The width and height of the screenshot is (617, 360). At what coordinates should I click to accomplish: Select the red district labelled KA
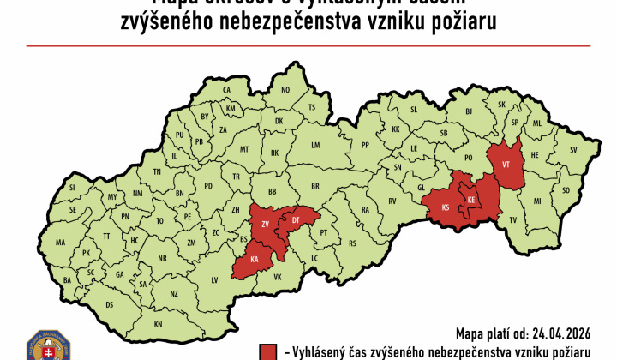(x=254, y=259)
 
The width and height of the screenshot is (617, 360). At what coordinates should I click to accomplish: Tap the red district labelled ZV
(x=266, y=224)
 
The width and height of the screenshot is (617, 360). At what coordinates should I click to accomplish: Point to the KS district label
(x=445, y=208)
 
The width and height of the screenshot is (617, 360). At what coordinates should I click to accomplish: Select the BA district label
(x=68, y=279)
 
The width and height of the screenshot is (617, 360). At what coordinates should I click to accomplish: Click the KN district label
(x=159, y=324)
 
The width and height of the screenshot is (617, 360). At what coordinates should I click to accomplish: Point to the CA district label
(x=227, y=90)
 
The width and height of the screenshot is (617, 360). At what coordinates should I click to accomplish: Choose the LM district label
(x=314, y=147)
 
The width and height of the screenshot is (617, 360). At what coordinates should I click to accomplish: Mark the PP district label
(x=365, y=145)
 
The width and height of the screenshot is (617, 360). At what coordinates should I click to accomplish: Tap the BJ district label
(x=469, y=111)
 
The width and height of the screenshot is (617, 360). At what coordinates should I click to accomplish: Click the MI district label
(x=537, y=201)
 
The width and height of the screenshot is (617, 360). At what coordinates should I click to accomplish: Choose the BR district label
(x=314, y=185)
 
